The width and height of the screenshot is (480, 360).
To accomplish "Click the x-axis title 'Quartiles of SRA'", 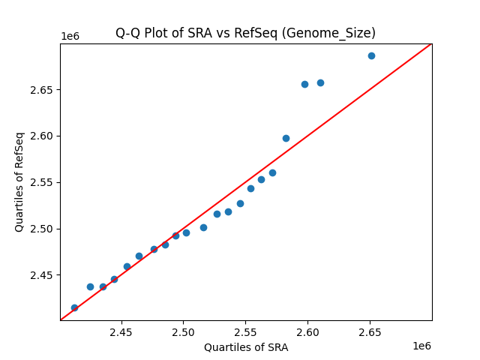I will (246, 347).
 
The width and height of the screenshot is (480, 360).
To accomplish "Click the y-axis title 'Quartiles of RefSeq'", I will (19, 181).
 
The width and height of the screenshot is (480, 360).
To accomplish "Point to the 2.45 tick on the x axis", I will (121, 332).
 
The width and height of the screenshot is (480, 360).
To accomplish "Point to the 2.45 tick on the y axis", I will (42, 275).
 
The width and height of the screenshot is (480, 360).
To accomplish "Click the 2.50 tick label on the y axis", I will (42, 229).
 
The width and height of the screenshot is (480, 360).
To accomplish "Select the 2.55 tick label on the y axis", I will (42, 182).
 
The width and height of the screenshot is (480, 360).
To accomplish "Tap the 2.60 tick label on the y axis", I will (42, 136).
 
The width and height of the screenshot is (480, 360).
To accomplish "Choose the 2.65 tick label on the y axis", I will (42, 90).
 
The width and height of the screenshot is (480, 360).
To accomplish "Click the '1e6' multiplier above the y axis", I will (70, 37).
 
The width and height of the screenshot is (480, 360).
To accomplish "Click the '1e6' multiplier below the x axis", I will (421, 346).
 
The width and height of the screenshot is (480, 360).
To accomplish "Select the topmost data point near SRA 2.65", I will (371, 55).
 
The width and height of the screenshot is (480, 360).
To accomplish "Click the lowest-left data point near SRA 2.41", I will (74, 307).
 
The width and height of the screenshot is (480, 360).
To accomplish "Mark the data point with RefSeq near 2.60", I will (286, 138).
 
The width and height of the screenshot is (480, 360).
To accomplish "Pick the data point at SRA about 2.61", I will (320, 82).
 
